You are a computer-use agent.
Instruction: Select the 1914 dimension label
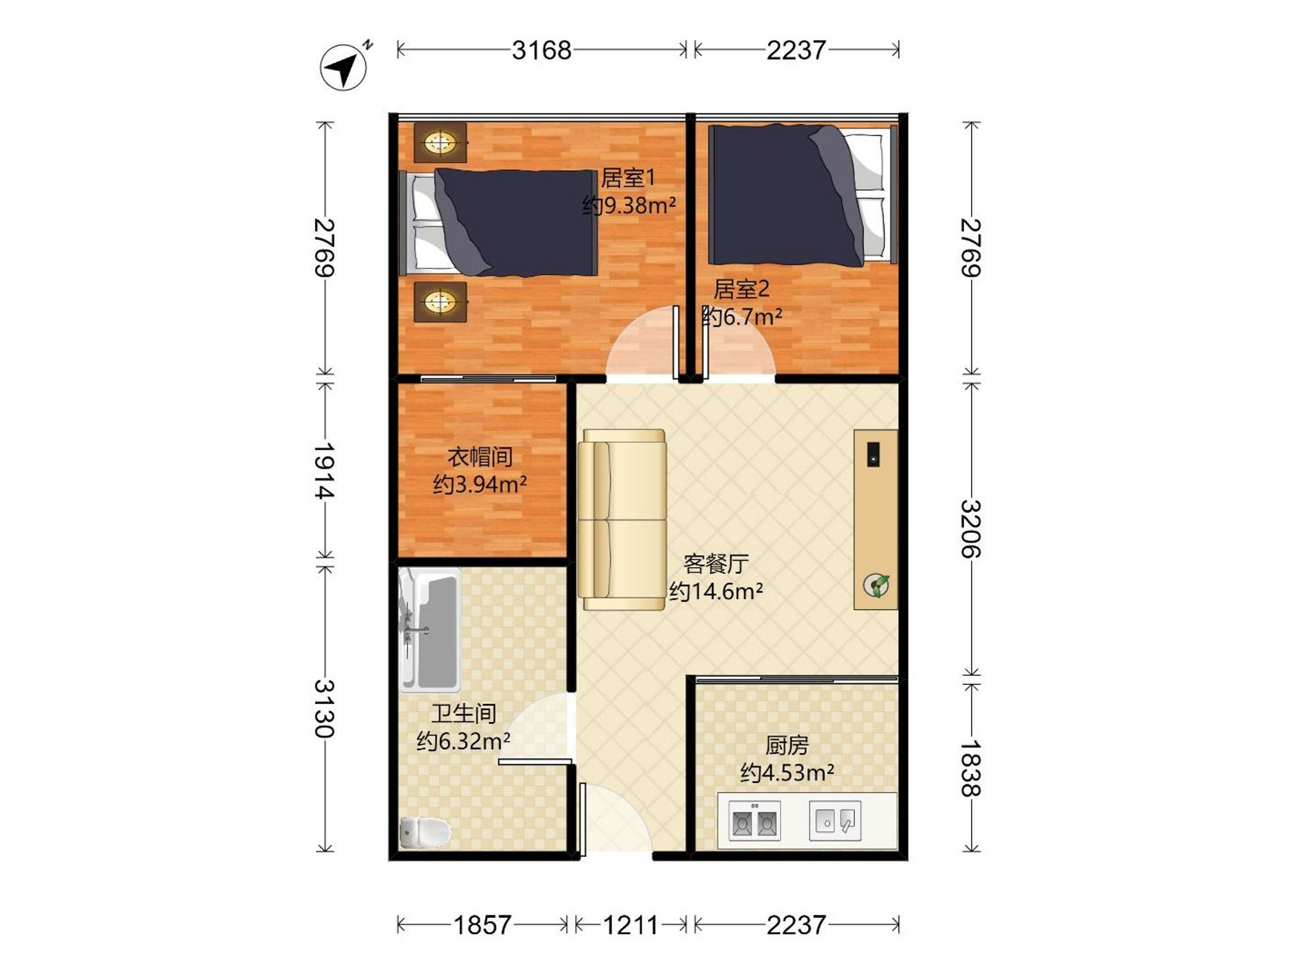point(324,470)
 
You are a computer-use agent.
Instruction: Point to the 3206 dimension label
point(971,529)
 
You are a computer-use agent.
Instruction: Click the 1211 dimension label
point(630,925)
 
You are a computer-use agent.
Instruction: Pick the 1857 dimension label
point(483,925)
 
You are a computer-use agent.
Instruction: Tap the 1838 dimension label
point(971,768)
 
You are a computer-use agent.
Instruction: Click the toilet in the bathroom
point(425,832)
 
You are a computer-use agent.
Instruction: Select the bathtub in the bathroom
point(430,628)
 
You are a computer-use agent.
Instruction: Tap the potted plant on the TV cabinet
point(876,585)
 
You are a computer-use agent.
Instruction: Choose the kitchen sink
point(835,821)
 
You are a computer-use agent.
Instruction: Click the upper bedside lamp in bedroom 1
point(440,143)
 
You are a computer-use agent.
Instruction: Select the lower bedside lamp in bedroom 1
point(440,302)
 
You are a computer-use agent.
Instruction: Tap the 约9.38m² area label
point(629,206)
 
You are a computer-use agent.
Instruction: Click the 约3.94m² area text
point(480,484)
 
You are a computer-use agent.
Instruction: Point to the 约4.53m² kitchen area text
point(787,773)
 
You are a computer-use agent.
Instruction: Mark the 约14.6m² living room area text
point(716,591)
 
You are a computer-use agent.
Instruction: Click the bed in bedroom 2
point(803,195)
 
